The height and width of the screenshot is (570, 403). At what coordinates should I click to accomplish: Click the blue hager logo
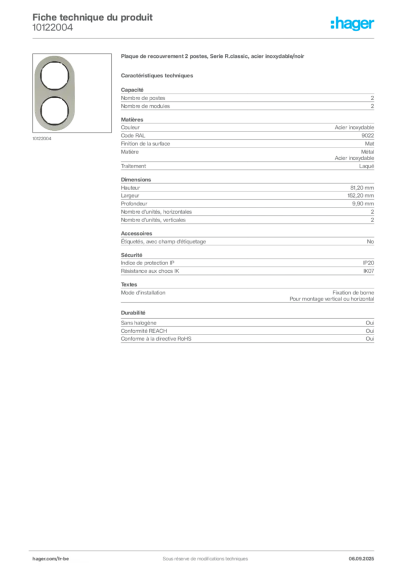click(x=353, y=24)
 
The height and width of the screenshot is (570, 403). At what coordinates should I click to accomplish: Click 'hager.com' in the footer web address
click(x=44, y=558)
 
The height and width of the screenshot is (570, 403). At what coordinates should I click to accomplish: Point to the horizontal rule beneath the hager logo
click(x=223, y=37)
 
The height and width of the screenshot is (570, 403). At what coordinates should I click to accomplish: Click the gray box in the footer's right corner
click(x=365, y=555)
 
